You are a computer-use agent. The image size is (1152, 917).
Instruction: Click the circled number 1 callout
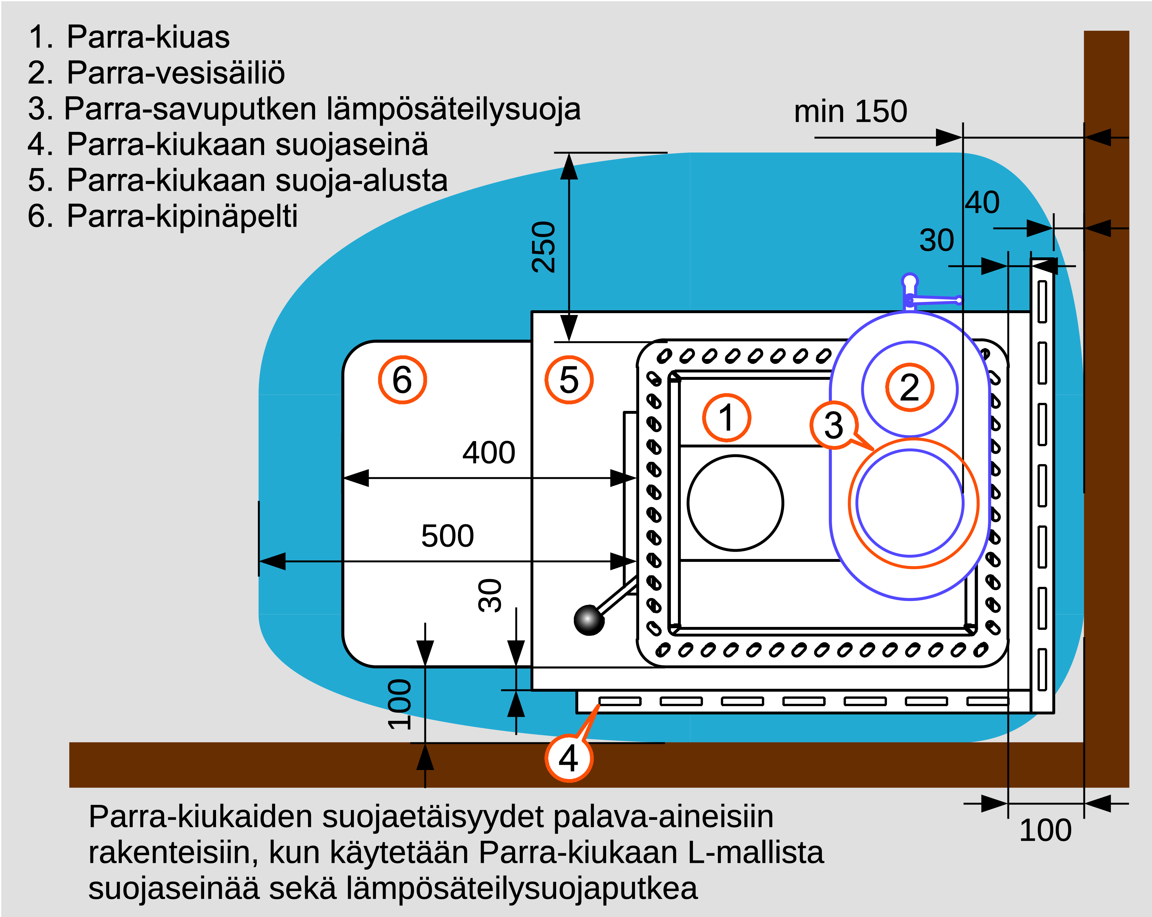[726, 417]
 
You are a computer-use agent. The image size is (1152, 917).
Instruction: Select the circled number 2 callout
[909, 388]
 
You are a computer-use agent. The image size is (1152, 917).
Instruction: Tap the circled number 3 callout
[833, 425]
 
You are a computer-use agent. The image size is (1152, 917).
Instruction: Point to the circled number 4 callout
[569, 758]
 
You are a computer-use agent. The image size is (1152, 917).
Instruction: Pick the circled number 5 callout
[569, 380]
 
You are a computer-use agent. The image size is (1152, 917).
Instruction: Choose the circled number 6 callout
[402, 380]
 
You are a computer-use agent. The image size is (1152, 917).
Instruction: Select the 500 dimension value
[447, 536]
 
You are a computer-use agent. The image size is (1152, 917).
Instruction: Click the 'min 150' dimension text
[851, 111]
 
